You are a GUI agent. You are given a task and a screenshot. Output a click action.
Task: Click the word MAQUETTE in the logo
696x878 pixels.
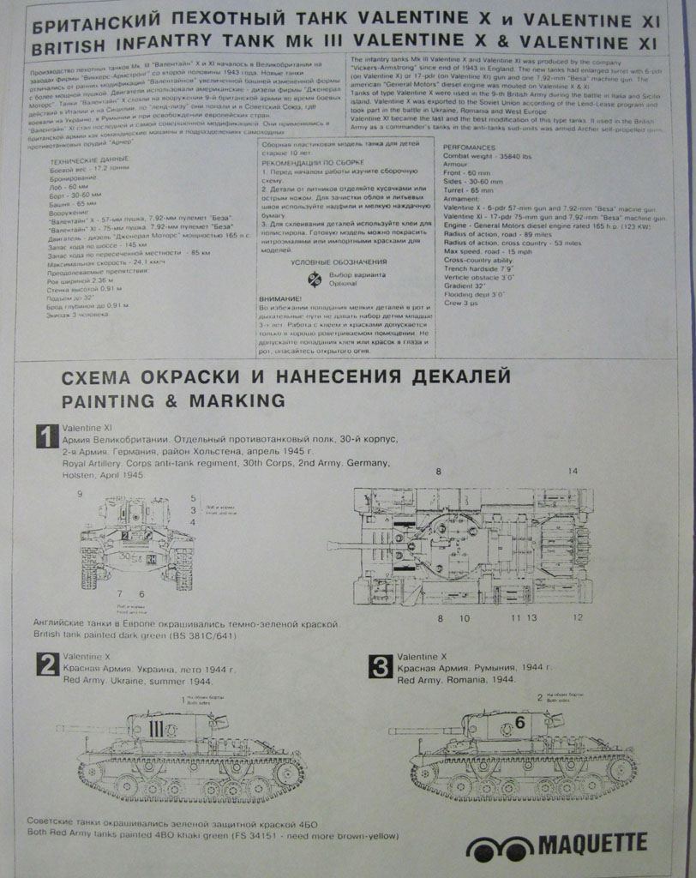click(x=592, y=845)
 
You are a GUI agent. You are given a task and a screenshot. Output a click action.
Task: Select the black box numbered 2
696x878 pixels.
click(x=47, y=665)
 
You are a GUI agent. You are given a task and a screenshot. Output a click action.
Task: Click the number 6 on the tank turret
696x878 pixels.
click(x=520, y=723)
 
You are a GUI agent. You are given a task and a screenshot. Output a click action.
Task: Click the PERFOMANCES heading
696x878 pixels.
click(x=471, y=147)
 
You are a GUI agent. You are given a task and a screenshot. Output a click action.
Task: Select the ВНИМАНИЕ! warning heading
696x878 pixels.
click(x=279, y=298)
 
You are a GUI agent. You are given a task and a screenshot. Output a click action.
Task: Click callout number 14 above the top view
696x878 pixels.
click(x=573, y=472)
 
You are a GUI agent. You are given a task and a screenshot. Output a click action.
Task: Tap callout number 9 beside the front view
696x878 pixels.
click(x=80, y=494)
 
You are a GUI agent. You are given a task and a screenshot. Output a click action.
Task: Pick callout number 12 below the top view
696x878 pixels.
click(x=578, y=617)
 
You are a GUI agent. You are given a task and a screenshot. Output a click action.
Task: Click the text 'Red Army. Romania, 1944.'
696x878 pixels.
click(x=456, y=679)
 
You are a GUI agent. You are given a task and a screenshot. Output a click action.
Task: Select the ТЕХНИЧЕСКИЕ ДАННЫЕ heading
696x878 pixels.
click(x=87, y=161)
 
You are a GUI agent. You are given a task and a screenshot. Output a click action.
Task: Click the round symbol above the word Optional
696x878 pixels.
click(x=313, y=277)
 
